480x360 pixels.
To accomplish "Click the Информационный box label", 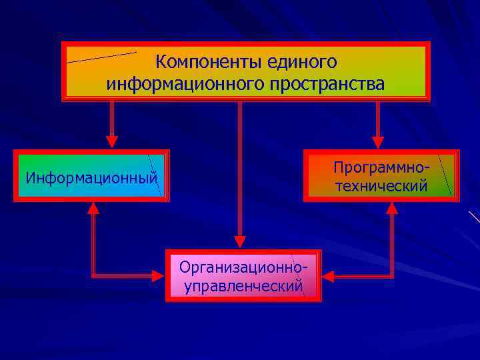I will pos(91,178).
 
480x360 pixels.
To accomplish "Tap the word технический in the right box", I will pos(381,186).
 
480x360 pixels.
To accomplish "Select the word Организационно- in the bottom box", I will pos(243,267).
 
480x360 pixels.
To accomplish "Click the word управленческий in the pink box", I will pos(243,287).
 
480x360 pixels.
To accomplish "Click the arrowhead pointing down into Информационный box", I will pos(112,141).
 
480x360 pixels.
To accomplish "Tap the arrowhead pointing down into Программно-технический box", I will pos(378,141).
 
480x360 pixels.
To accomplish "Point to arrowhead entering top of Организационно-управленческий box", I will pos(240,241).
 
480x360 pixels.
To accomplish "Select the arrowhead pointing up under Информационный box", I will pos(93,209).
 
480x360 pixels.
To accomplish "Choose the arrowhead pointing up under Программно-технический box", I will pos(392,209).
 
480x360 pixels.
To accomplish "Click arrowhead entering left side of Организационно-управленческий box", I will pos(157,275).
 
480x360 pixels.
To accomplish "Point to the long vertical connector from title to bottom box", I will pos(240,167).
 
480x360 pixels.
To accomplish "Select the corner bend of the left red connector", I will pos(93,274).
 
